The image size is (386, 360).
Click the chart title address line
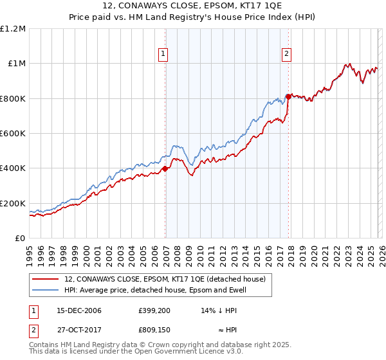coord(192,7)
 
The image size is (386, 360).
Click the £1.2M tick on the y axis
coord(14,29)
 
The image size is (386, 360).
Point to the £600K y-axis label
coord(14,134)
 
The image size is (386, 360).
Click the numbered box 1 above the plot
coord(164,55)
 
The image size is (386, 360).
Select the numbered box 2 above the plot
coord(286,55)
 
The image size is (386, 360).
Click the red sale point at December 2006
coord(165,168)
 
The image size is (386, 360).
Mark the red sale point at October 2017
coord(288,96)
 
